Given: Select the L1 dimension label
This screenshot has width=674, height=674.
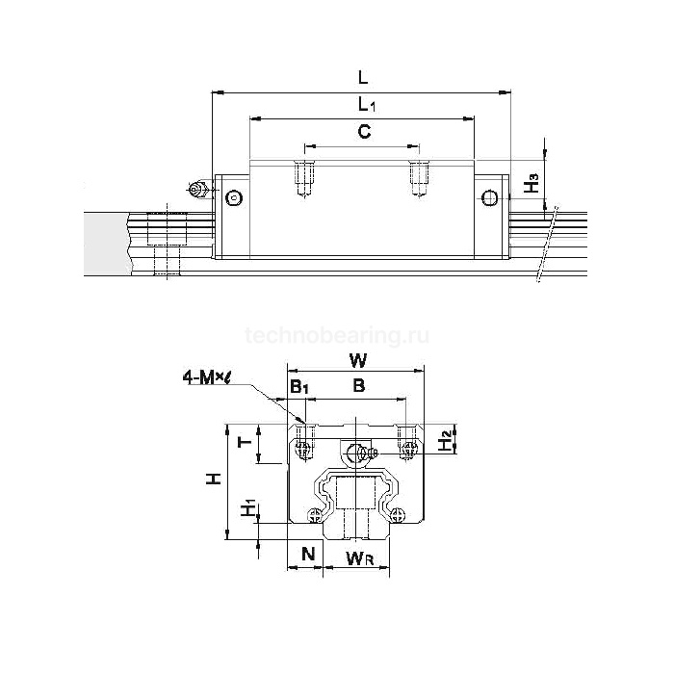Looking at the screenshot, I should coord(362,104).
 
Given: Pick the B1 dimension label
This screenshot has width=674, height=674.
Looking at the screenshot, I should coord(298,387).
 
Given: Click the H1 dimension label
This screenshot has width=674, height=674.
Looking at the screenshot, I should coord(248,507).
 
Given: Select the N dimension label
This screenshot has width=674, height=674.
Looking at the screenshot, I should coord(307,553).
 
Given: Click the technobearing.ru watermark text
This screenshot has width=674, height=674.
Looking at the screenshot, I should coord(337,335).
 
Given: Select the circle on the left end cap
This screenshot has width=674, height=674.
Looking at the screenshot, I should coord(233,198).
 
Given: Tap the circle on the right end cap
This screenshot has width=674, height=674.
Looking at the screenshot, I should coord(490,198).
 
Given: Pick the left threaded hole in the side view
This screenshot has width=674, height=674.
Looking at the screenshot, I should coord(305,178).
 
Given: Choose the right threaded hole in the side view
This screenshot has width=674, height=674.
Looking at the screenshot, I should coord(418,178).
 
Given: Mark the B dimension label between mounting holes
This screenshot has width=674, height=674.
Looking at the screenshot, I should coord(358,387).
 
